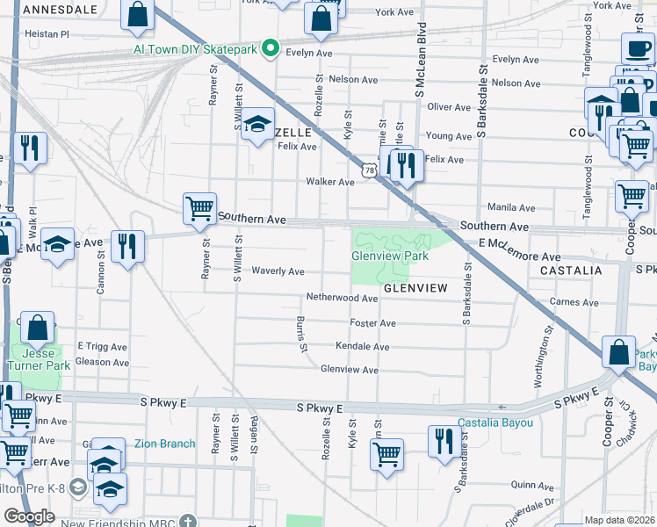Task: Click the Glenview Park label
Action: tap(390, 256)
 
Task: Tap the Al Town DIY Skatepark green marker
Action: tap(271, 49)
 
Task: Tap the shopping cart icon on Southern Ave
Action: tap(199, 209)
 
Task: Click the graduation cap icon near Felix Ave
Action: tap(258, 125)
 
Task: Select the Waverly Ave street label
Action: tap(278, 271)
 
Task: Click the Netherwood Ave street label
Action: tap(342, 298)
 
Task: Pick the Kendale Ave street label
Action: tap(362, 347)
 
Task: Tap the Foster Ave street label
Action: tap(372, 323)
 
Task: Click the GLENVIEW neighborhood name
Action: tap(415, 288)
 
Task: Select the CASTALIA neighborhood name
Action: tap(571, 270)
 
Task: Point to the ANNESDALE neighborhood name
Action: tap(58, 9)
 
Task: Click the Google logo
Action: tap(29, 516)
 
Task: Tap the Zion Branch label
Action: tap(164, 444)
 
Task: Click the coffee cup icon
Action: tap(637, 47)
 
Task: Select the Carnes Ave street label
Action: tap(574, 302)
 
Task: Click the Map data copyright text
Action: tap(620, 520)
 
